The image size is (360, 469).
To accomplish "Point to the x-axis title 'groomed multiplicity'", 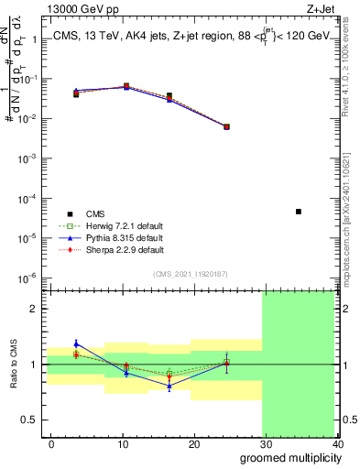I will click(x=289, y=457).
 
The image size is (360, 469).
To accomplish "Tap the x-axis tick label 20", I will click(x=194, y=443).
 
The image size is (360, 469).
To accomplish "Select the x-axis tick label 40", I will click(x=338, y=443).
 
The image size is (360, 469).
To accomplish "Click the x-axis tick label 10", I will click(x=123, y=443).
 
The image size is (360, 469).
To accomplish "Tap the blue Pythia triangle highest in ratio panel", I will click(x=76, y=344).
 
